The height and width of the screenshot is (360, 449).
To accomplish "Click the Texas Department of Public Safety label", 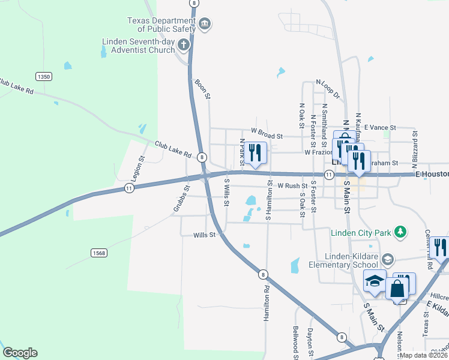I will [161, 24].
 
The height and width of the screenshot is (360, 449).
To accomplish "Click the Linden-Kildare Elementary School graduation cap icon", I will [388, 259].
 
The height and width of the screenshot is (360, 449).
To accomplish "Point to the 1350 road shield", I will [43, 76].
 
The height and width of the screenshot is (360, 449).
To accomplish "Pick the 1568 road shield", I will [99, 253].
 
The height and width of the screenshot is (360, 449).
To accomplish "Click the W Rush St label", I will [292, 186].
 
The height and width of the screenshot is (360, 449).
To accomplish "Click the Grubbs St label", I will [181, 197].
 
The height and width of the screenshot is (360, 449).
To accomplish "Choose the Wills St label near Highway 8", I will [204, 235].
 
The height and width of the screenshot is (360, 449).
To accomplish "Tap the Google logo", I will [20, 353].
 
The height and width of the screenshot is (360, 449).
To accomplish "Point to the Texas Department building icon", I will [205, 24].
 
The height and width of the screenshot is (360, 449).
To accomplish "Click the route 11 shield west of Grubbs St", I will [129, 188].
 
